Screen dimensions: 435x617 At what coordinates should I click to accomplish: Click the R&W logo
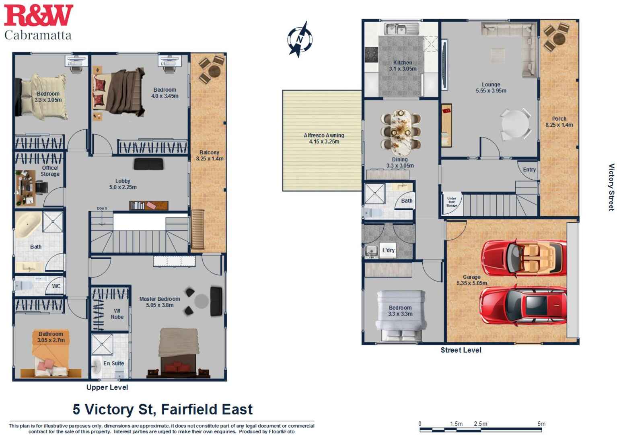[x=38, y=16]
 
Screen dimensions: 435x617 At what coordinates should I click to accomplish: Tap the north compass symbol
[x=300, y=39]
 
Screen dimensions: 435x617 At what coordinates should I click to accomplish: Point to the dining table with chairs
[x=401, y=132]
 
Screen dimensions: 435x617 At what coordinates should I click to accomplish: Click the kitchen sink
[x=396, y=29]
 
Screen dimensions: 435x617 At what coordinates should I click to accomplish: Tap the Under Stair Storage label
[x=451, y=202]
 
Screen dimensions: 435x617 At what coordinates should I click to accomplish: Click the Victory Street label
[x=611, y=187]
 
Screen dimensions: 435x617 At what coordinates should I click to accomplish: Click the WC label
[x=56, y=286]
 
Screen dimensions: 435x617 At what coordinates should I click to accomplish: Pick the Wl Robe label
[x=117, y=314]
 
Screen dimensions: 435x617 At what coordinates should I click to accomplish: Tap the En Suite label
[x=113, y=363]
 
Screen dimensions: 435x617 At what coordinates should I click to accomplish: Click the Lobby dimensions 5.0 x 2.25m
[x=123, y=187]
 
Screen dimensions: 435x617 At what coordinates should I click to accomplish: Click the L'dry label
[x=388, y=250]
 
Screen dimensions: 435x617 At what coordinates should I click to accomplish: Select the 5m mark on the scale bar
[x=541, y=424]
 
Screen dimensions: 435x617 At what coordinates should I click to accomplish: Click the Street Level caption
[x=461, y=350]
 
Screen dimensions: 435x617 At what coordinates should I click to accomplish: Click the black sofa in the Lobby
[x=148, y=164]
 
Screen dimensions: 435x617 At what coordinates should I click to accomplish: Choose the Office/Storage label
[x=50, y=171]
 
